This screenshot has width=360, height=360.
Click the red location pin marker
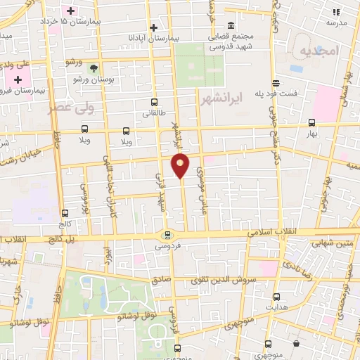[181, 165]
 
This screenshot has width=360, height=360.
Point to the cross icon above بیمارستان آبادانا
[153, 27]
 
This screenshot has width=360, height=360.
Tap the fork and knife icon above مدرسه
[336, 13]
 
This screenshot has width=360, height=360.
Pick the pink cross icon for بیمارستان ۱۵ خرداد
[70, 11]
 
